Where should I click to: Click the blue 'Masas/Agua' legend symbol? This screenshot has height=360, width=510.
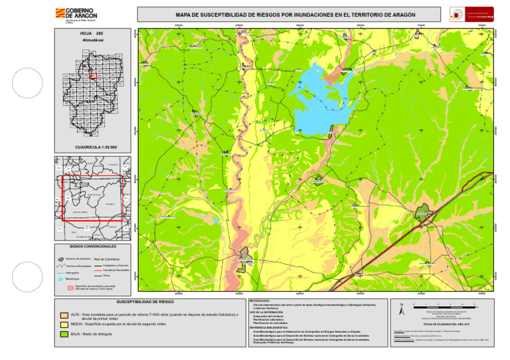[x=62, y=280]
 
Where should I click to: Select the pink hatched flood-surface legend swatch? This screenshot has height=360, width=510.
[x=62, y=288]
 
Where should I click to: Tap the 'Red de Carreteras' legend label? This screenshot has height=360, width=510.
[x=107, y=259]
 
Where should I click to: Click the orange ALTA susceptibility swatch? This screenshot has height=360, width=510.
[x=64, y=314]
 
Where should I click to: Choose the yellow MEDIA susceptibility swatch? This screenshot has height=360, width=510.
[x=64, y=323]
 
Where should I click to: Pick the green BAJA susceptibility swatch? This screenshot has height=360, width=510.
[x=64, y=333]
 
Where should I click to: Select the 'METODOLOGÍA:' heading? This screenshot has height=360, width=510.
[x=259, y=301]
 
